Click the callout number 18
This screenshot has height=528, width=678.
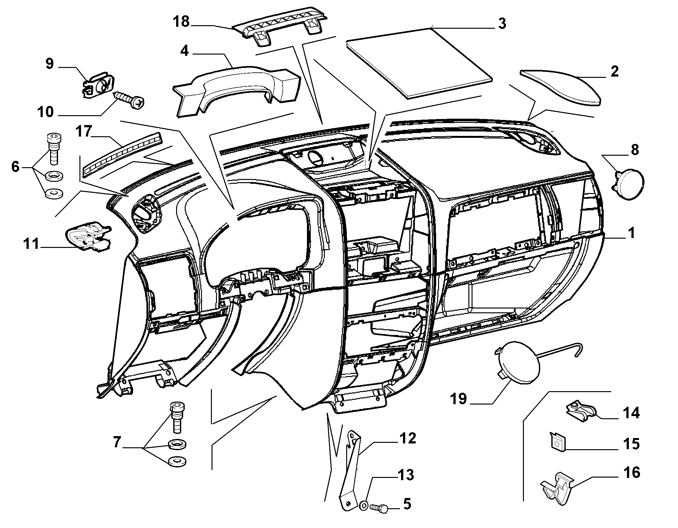pos(181,22)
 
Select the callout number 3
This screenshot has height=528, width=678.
pos(502,24)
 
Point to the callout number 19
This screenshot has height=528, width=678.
pos(459,399)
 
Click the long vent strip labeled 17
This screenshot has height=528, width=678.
pos(122,154)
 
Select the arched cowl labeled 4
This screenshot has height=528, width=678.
pos(236,86)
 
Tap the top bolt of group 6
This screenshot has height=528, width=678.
pos(54,149)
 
